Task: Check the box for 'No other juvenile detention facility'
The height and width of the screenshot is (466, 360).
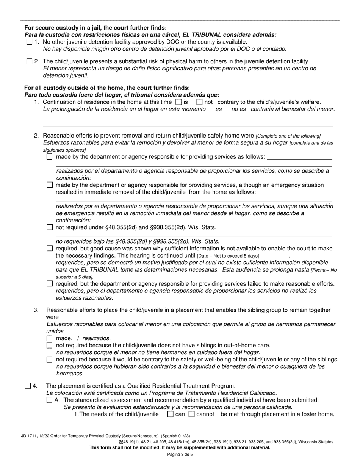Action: tap(30, 42)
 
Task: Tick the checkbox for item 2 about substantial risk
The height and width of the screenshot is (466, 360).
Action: tap(30, 61)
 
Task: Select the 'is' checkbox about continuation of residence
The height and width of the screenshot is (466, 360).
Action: tap(179, 102)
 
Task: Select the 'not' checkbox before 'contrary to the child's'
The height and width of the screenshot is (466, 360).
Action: tap(199, 102)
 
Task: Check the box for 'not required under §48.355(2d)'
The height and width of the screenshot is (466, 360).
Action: tap(50, 227)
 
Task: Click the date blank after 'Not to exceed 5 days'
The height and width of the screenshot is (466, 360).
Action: tap(274, 256)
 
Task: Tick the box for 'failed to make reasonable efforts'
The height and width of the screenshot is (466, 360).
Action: tap(50, 283)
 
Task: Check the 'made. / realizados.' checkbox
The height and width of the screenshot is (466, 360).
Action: tap(50, 338)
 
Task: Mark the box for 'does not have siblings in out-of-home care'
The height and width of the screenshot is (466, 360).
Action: tap(50, 345)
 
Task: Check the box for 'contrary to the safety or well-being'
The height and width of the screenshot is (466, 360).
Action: tap(50, 360)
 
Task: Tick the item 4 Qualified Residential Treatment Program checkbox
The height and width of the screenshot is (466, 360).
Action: tap(28, 386)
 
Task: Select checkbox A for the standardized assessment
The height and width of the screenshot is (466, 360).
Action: tap(50, 400)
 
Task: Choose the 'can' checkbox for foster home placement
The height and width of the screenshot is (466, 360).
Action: tap(170, 414)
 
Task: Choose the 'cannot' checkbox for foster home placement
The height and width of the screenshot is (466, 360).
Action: tap(191, 414)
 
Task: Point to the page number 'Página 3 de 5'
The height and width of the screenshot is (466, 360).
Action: tap(180, 455)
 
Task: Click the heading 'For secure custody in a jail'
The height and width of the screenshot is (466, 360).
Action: tap(95, 28)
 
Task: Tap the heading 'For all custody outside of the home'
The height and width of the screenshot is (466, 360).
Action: tap(107, 88)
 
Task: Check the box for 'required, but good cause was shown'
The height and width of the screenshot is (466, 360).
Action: tap(50, 249)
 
